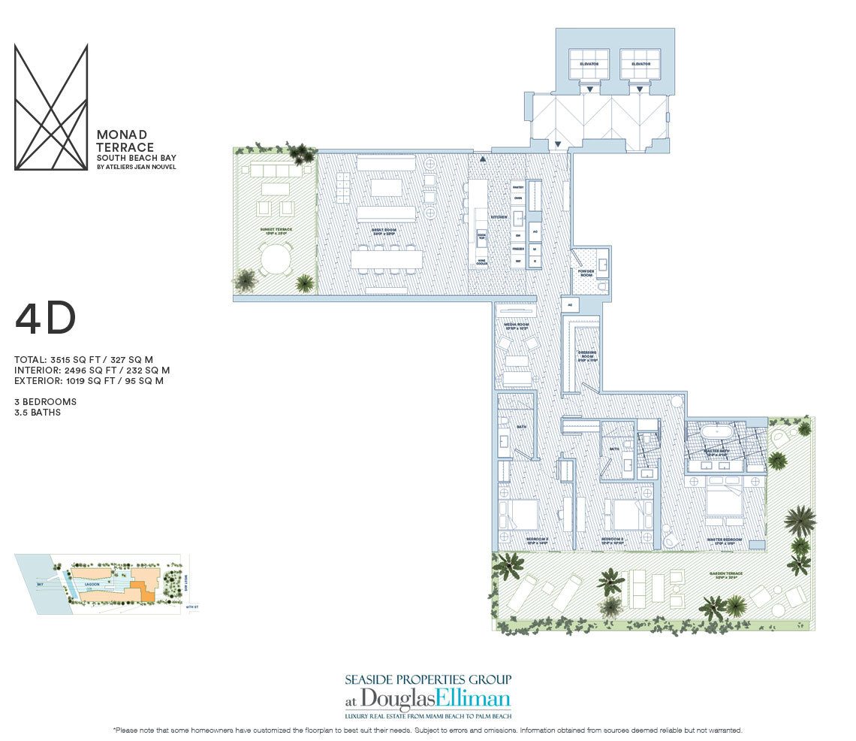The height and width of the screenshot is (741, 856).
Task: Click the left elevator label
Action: coord(590,65)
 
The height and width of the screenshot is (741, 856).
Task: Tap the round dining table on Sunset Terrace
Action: coord(274,261)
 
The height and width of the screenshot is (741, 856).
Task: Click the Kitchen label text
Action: coord(499,217)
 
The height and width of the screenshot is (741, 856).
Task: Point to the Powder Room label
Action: coord(585,272)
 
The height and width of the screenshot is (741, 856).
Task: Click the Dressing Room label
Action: coord(587,355)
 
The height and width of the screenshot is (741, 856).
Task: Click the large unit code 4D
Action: coord(45,321)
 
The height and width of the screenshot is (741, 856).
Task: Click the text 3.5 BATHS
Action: coord(38,413)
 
